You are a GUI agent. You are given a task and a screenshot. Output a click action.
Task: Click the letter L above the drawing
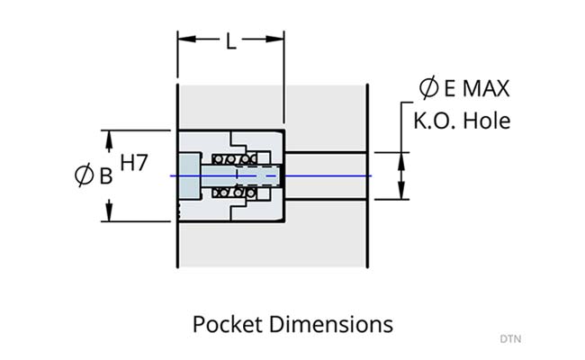[x=230, y=42]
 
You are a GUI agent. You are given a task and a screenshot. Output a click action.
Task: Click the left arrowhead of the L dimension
[x=184, y=39]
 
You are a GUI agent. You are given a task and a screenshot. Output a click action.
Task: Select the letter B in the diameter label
[x=105, y=176]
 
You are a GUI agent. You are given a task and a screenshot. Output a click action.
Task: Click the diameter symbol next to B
[x=84, y=176]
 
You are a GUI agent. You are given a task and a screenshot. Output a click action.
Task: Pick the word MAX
[x=488, y=88]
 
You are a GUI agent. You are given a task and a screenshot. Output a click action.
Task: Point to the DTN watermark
[x=510, y=339]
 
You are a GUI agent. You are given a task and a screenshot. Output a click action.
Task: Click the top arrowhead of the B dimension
[x=110, y=138]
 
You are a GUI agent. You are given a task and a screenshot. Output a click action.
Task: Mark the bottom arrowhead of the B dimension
[x=110, y=214]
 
